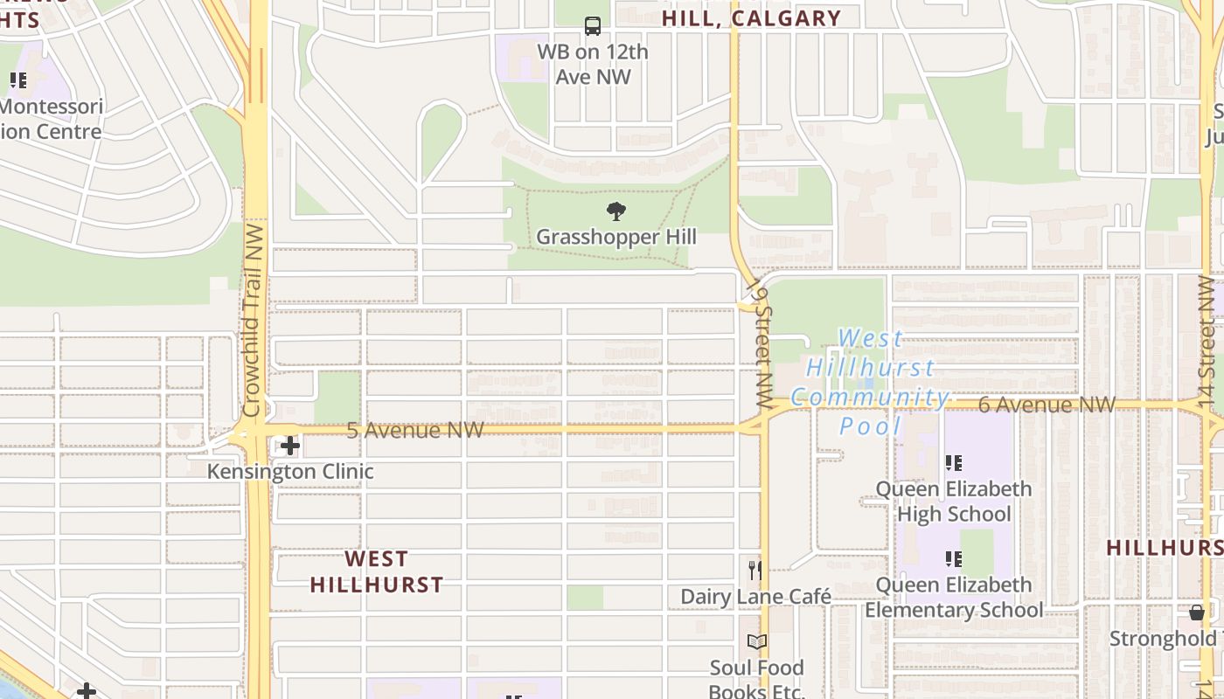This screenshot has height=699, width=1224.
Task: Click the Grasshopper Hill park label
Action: pyautogui.click(x=616, y=237)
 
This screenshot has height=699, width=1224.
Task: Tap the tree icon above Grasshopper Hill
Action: pyautogui.click(x=616, y=211)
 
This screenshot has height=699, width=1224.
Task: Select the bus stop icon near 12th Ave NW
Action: pyautogui.click(x=593, y=26)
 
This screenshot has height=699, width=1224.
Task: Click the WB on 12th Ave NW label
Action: pyautogui.click(x=593, y=64)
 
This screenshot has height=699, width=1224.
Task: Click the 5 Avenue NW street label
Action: pyautogui.click(x=414, y=430)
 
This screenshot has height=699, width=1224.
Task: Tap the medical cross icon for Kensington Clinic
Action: pyautogui.click(x=289, y=446)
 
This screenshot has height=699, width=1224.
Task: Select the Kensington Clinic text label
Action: pyautogui.click(x=290, y=472)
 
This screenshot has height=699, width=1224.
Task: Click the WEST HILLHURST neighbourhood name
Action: pyautogui.click(x=377, y=571)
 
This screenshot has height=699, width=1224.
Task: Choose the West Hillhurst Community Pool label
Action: pyautogui.click(x=871, y=382)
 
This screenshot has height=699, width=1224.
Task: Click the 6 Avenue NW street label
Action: pyautogui.click(x=1047, y=405)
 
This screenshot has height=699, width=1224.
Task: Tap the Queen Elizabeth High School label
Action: pyautogui.click(x=954, y=501)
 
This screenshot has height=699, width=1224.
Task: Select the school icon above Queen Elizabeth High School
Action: pyautogui.click(x=953, y=463)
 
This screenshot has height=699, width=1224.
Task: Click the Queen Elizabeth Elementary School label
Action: pyautogui.click(x=954, y=597)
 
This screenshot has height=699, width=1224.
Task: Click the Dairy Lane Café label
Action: pyautogui.click(x=756, y=597)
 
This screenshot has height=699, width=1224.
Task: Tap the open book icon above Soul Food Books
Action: pyautogui.click(x=756, y=642)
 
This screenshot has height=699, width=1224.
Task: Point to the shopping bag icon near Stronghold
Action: pyautogui.click(x=1197, y=612)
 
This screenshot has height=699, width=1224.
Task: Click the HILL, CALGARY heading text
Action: pyautogui.click(x=751, y=18)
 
